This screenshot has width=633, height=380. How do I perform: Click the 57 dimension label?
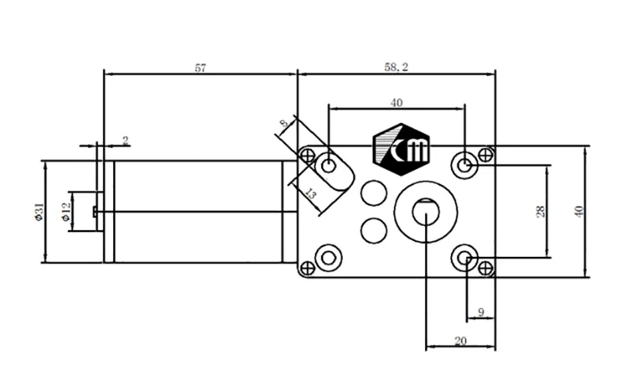(x=201, y=68)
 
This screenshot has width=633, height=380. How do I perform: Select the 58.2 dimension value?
(x=396, y=67)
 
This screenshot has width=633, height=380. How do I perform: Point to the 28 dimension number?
(x=540, y=212)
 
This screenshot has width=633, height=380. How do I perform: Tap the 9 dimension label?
(x=480, y=312)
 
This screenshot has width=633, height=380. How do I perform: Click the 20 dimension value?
(x=461, y=341)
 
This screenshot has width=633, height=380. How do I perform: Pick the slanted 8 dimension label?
(x=284, y=122)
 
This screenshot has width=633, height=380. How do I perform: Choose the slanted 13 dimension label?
(x=309, y=194)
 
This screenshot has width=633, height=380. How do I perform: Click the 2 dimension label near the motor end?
(x=126, y=141)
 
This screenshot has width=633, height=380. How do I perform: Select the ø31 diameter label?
(x=39, y=212)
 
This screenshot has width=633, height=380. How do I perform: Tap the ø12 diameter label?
(x=66, y=212)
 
